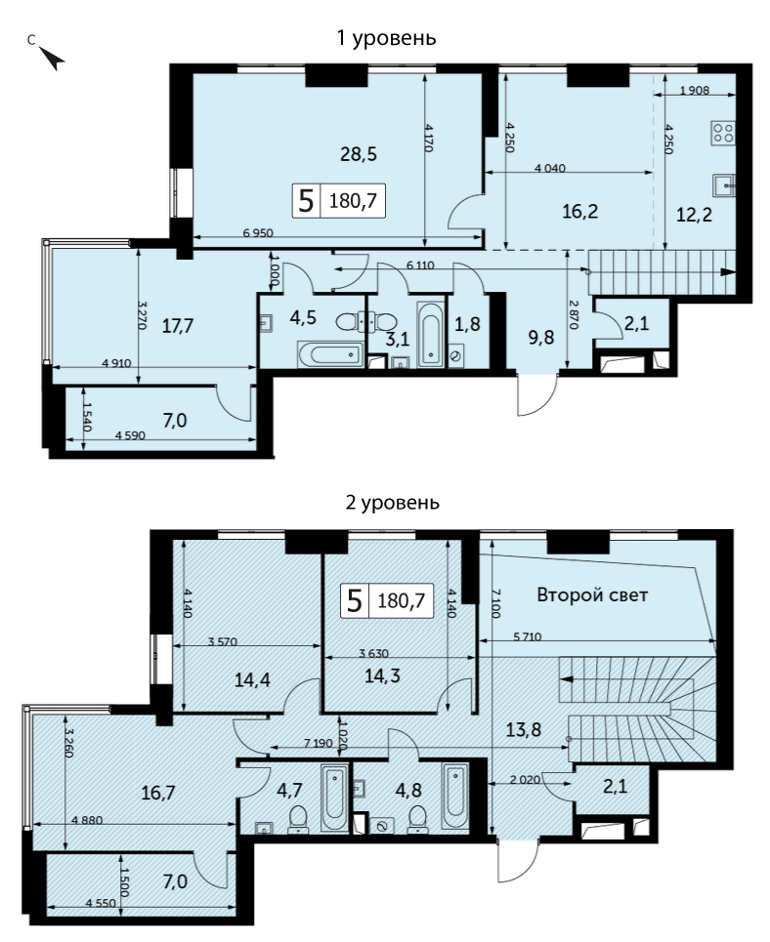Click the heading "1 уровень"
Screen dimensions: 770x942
tap(386, 38)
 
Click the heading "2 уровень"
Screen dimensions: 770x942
tap(392, 503)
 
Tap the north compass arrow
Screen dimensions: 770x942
tap(53, 58)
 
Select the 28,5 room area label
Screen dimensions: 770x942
tap(359, 154)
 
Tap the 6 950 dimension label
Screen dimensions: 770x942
tap(258, 233)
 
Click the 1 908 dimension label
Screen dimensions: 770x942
tap(694, 91)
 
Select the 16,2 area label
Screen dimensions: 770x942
tap(579, 211)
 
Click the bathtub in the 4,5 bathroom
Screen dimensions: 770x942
tap(330, 355)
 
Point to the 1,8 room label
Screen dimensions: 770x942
tap(467, 324)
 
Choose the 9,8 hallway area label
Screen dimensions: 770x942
tap(541, 338)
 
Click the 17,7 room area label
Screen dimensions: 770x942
tap(178, 326)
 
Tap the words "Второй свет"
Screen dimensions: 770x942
tap(592, 595)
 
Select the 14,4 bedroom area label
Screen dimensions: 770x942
tap(252, 680)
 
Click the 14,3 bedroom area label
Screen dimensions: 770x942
tap(383, 676)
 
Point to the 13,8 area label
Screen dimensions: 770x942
tap(524, 730)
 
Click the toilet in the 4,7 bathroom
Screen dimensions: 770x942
tap(298, 821)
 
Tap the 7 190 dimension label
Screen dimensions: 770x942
tap(319, 743)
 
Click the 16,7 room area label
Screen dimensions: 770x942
tap(158, 793)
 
